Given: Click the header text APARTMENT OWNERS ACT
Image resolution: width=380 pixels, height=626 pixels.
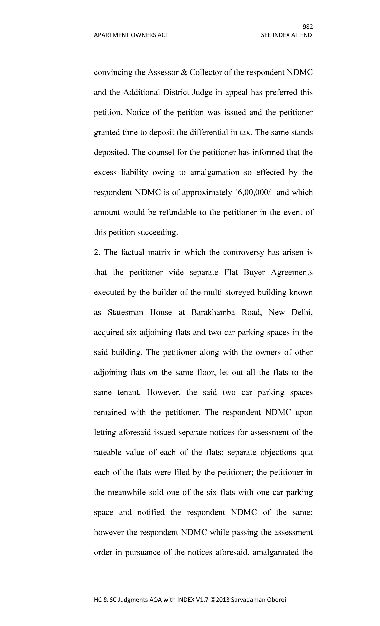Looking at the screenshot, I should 131,35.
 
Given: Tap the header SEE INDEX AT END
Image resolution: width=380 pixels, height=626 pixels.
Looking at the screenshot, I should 286,35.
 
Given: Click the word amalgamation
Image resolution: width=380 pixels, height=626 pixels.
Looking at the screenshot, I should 215,172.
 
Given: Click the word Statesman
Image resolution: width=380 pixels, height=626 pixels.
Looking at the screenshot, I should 125,312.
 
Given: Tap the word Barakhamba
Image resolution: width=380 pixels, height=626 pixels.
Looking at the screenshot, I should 213,312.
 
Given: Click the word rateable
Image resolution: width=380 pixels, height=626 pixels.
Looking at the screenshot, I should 107,452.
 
